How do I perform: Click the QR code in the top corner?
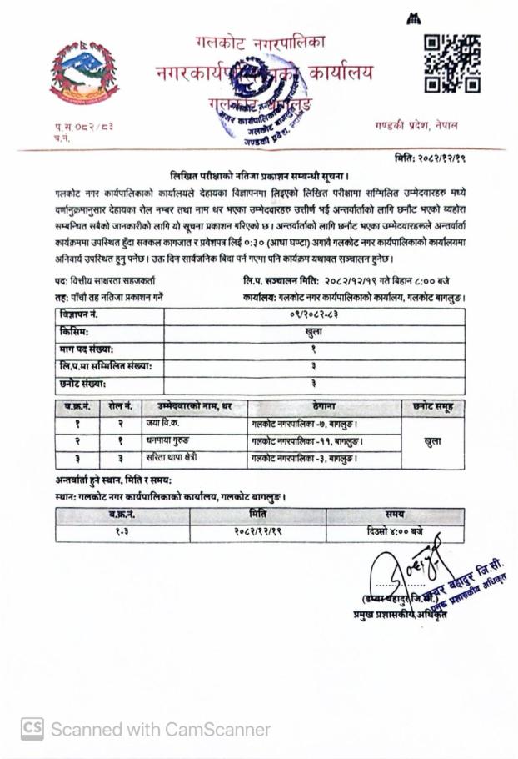tap(451, 63)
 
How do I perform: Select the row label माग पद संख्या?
tap(86, 349)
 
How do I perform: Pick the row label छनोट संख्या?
tap(83, 383)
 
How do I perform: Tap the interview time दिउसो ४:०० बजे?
tap(394, 531)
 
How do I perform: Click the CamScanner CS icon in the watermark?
tap(32, 728)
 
